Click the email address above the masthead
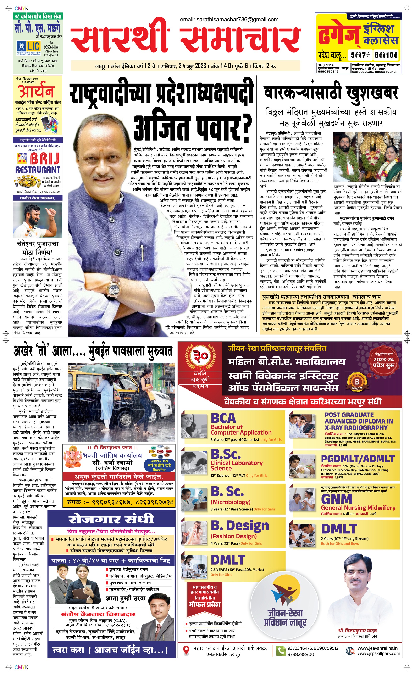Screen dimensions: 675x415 (x=229, y=20)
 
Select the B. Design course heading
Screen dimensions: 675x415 (x=240, y=526)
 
